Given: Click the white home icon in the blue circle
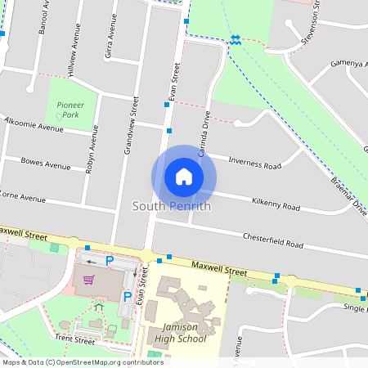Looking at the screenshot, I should coord(183,177).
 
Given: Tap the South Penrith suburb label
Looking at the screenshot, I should coord(172,206).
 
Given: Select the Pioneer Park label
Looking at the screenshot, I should coord(66,110).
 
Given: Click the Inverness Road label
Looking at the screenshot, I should coord(254,162).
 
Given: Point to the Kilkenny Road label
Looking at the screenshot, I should coord(276,203).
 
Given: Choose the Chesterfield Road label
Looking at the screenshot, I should coord(272,240).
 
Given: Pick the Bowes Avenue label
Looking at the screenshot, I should coord(46,164).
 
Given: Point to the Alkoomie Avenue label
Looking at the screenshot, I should coord(34,124).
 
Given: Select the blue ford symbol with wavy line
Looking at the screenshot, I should coord(236,40).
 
